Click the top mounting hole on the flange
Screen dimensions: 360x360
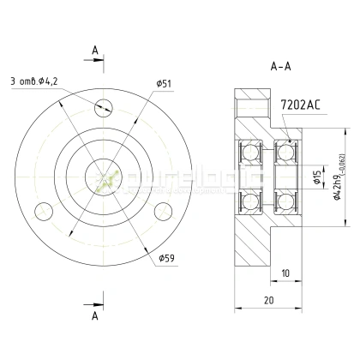105,107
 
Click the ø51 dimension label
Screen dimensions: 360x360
164,83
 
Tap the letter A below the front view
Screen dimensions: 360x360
93,315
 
